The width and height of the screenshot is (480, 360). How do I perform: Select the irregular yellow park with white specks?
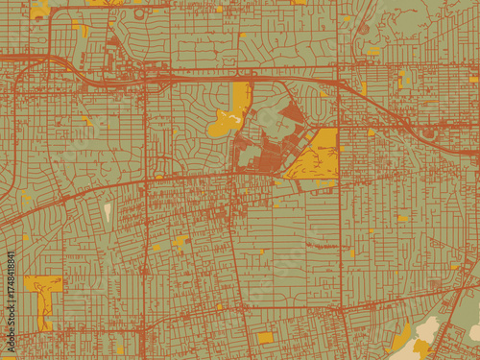pos(230,113)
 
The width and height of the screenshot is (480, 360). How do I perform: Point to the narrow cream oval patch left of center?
pos(108,212)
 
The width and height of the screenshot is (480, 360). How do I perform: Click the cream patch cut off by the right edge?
pos(474,332)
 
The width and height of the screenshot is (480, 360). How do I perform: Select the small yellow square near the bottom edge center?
pos(265,338)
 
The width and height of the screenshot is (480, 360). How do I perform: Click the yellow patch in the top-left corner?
pos(39,11)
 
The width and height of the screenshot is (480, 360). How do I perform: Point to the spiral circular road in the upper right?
pos(364,28)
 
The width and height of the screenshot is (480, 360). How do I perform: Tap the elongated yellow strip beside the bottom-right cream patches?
pos(401,337)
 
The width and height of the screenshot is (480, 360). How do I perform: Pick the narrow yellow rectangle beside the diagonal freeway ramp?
pos(364,89)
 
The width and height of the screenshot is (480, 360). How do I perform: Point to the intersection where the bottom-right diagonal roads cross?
pos(451,317)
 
